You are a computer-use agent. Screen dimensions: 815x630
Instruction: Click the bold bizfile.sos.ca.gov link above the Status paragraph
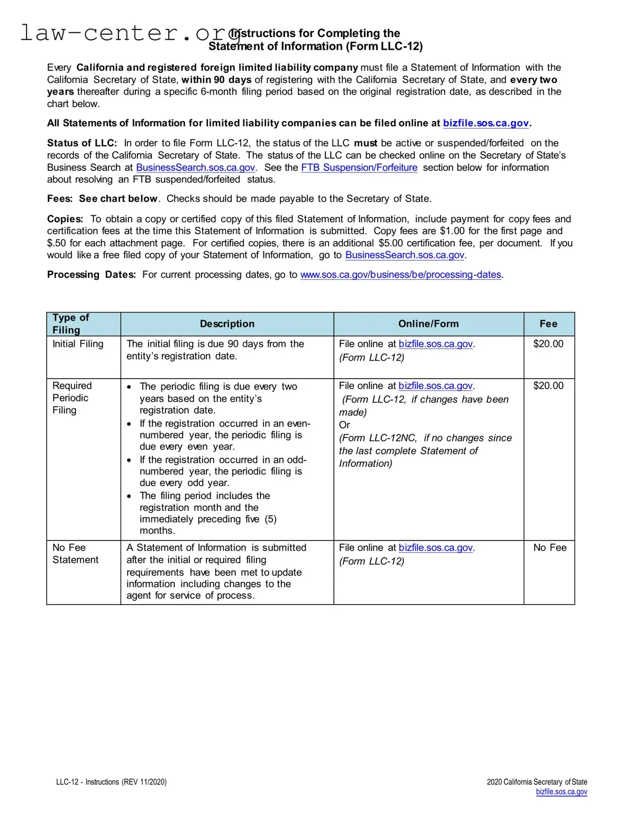pos(486,123)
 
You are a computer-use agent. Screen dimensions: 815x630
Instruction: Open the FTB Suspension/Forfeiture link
pos(359,168)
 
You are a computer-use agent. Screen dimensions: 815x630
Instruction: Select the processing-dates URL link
pos(400,274)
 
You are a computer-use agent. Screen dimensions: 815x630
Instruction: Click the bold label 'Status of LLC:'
pos(82,143)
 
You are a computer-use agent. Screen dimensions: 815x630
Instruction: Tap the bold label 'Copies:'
pos(65,219)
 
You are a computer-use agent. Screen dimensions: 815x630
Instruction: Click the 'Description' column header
pos(227,324)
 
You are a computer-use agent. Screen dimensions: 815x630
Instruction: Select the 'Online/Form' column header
pos(428,324)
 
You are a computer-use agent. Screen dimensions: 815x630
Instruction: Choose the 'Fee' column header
pos(549,324)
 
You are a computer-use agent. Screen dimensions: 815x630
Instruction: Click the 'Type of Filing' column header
pos(70,324)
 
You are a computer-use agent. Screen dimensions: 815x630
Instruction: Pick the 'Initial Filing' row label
pos(78,344)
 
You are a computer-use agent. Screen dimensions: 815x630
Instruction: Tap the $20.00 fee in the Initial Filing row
pos(549,344)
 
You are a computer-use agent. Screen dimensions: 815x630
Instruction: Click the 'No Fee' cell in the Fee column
pos(550,548)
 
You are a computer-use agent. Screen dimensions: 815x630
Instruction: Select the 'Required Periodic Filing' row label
pos(72,398)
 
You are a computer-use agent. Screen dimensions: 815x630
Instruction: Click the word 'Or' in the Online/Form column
pos(344,425)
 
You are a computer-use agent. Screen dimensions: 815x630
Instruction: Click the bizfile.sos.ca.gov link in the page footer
pos(561,792)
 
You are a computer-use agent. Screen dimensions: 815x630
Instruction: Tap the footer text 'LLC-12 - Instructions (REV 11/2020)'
pos(111,782)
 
